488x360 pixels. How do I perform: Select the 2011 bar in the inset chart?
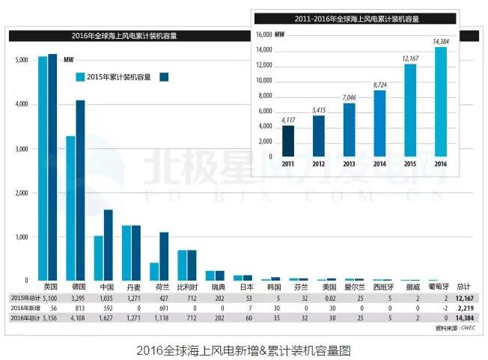(287, 139)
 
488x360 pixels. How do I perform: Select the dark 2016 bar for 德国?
(80, 190)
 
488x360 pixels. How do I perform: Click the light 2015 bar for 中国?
(98, 257)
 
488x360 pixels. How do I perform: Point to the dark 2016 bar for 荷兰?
(164, 256)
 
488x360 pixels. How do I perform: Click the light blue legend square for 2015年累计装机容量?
(79, 76)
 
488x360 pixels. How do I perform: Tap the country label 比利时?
(187, 287)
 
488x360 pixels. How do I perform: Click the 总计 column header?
(463, 287)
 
